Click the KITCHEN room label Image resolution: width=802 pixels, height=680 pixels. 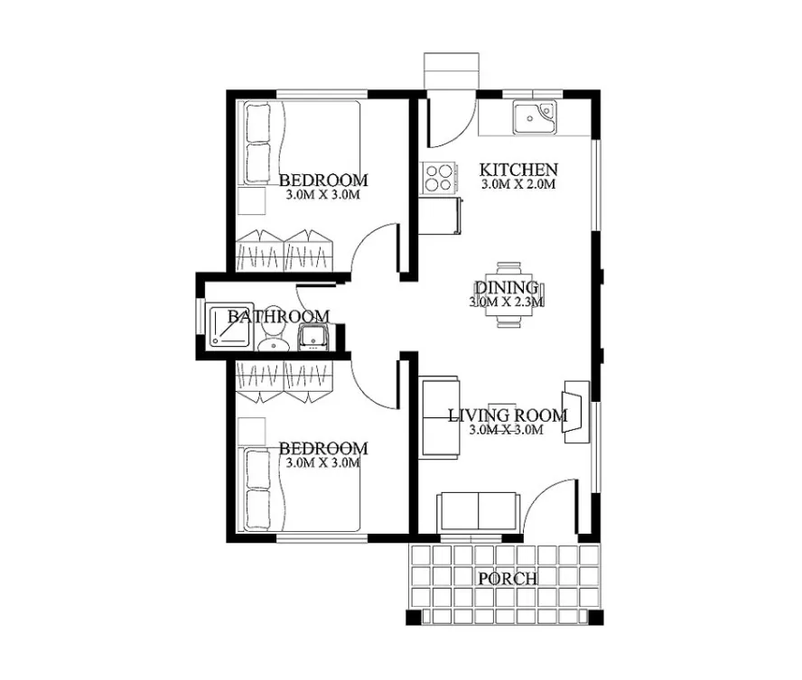[x=518, y=169]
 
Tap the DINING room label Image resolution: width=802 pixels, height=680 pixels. [x=507, y=287]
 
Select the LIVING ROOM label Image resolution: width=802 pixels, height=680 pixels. [x=508, y=415]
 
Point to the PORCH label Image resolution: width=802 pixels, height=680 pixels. [x=508, y=579]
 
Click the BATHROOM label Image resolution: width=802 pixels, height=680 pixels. [x=278, y=316]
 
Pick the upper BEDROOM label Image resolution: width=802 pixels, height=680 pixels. [x=323, y=180]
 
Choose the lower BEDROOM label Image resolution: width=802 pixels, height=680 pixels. [x=323, y=449]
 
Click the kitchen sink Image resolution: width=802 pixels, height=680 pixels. [x=535, y=118]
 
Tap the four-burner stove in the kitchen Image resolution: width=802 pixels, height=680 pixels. [x=439, y=178]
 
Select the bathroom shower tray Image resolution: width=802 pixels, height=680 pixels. [x=229, y=326]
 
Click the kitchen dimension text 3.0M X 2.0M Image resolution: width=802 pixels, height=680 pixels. [x=518, y=184]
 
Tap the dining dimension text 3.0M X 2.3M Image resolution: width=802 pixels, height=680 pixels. [x=507, y=302]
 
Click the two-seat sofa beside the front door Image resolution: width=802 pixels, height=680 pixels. [x=479, y=512]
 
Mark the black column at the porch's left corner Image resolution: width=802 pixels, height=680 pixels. [x=414, y=617]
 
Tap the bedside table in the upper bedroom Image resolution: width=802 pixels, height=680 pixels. [x=252, y=201]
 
